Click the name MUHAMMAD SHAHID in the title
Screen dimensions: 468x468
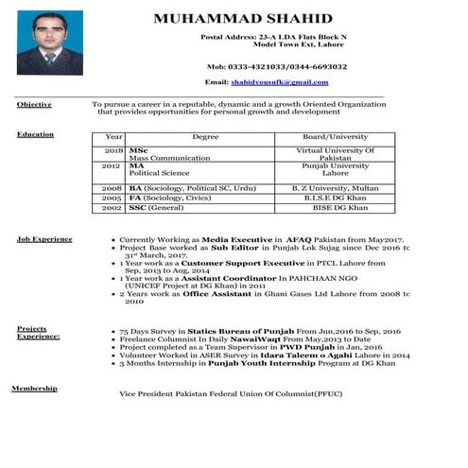click(243, 20)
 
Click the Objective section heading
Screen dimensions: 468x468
click(34, 104)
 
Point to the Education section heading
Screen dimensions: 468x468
click(35, 135)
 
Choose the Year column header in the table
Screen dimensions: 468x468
click(114, 138)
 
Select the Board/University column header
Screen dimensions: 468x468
click(335, 138)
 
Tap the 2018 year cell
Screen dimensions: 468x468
click(114, 150)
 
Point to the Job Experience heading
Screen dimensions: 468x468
click(44, 239)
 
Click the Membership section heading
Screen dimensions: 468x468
click(34, 389)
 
